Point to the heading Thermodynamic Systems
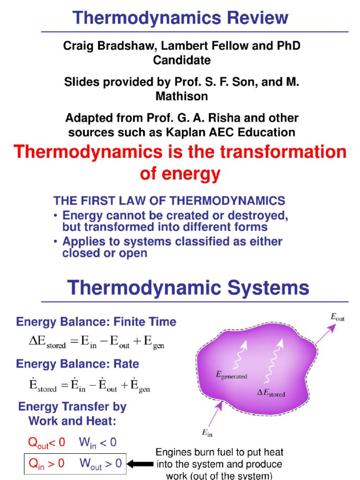(188, 287)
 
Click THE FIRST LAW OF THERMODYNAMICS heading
(169, 201)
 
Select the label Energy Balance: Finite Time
(96, 322)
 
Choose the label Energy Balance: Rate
(77, 364)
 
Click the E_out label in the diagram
(337, 317)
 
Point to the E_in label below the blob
(207, 434)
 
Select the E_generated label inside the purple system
(231, 375)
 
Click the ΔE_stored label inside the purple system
(270, 393)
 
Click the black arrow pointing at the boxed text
(140, 464)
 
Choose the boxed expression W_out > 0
(100, 464)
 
